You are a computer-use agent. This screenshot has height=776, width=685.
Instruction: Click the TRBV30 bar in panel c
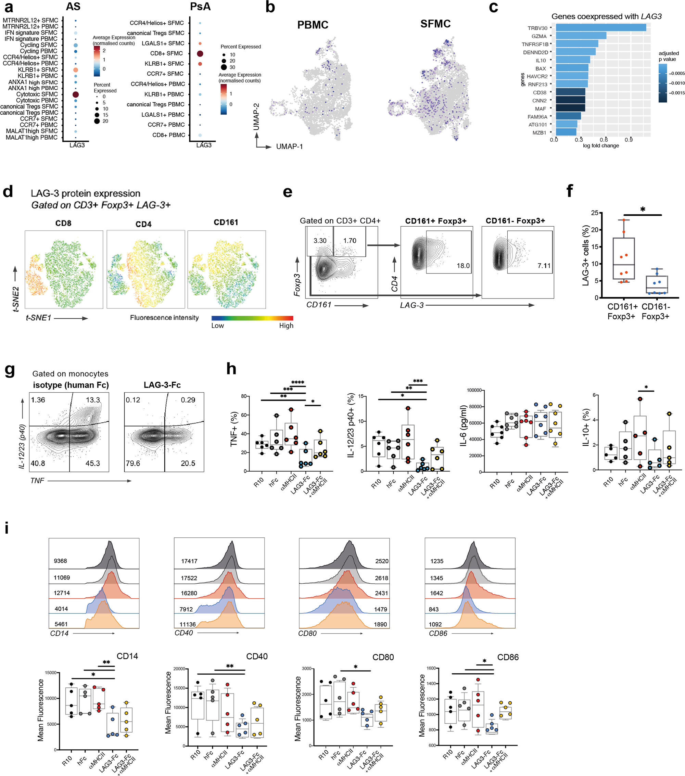click(600, 28)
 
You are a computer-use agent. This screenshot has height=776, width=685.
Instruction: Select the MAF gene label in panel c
click(540, 109)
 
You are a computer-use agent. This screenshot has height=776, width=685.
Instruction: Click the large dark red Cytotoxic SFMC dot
click(76, 94)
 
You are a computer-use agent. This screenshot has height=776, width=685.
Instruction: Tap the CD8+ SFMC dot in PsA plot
click(200, 53)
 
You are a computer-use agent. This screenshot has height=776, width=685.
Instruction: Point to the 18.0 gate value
click(463, 266)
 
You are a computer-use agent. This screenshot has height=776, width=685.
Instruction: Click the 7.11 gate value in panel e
click(544, 266)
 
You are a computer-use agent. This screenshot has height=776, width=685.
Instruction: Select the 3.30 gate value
click(320, 241)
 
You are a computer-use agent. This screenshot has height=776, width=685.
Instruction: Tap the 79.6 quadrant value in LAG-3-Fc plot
click(133, 463)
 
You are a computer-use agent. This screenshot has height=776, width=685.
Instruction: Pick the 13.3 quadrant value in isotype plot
click(93, 400)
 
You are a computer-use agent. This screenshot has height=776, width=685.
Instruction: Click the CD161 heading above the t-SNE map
click(226, 222)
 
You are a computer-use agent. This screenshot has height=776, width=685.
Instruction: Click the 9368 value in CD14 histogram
click(60, 561)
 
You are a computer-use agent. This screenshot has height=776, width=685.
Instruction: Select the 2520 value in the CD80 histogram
click(382, 561)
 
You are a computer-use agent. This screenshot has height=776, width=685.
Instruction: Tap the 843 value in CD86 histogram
click(434, 609)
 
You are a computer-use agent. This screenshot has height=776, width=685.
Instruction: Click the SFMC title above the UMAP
click(435, 24)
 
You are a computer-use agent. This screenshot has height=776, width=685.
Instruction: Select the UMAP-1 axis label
click(289, 147)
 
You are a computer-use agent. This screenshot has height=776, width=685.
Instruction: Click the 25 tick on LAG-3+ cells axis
click(595, 213)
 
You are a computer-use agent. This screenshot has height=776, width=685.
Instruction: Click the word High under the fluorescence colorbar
click(286, 326)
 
